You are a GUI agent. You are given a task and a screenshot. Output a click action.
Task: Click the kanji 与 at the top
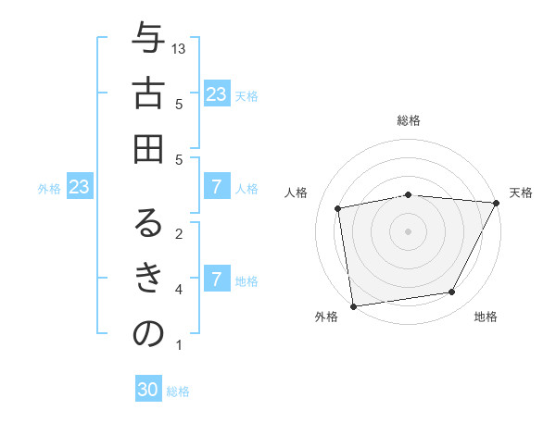pyautogui.click(x=148, y=39)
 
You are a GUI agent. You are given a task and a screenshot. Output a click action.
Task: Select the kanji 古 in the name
pyautogui.click(x=148, y=93)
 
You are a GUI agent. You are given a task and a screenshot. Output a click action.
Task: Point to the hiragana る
pyautogui.click(x=148, y=224)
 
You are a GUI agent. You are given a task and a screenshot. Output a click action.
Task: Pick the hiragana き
pyautogui.click(x=148, y=278)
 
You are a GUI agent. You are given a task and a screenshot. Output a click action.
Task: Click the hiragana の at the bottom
pyautogui.click(x=148, y=333)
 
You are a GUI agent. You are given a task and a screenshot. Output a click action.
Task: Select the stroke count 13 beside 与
pyautogui.click(x=180, y=48)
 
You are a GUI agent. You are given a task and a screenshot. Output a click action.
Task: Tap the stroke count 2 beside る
pyautogui.click(x=179, y=233)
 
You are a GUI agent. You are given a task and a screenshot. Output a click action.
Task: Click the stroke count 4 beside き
pyautogui.click(x=179, y=290)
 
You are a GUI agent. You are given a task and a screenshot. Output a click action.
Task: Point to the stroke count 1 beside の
pyautogui.click(x=179, y=345)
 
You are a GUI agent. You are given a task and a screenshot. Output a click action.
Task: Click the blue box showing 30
pyautogui.click(x=148, y=390)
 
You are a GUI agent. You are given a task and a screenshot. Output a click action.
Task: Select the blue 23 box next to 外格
pyautogui.click(x=79, y=188)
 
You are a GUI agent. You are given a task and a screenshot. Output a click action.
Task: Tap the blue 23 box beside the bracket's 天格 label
pyautogui.click(x=216, y=94)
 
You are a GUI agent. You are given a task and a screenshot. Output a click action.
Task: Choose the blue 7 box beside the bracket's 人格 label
pyautogui.click(x=216, y=188)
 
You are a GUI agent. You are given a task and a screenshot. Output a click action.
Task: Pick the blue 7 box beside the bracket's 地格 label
pyautogui.click(x=216, y=280)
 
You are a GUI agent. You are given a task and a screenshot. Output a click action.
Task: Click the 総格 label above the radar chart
pyautogui.click(x=408, y=120)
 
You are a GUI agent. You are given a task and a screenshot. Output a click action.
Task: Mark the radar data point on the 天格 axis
pyautogui.click(x=496, y=203)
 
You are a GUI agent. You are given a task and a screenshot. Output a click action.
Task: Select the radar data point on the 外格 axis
pyautogui.click(x=353, y=305)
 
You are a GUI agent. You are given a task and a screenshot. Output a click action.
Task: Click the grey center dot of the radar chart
pyautogui.click(x=408, y=230)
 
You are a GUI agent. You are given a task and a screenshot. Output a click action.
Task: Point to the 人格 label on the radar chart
pyautogui.click(x=297, y=193)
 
